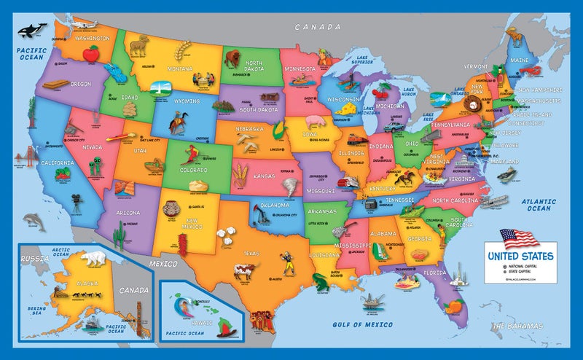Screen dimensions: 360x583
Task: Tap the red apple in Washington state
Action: (91, 53)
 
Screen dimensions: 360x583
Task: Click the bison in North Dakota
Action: (231, 57)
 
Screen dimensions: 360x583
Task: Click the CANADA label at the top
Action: (317, 27)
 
